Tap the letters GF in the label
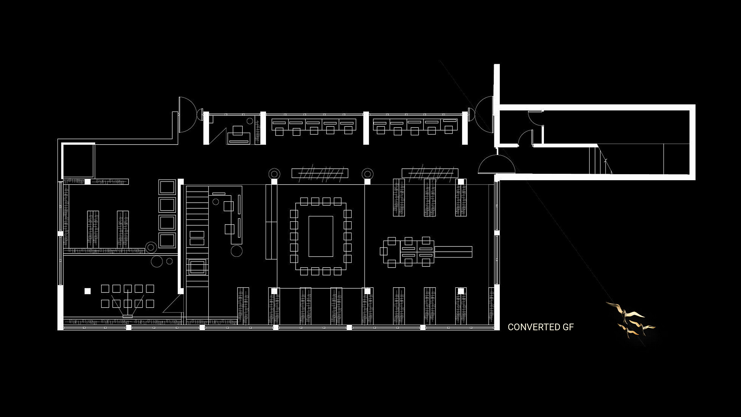click(568, 327)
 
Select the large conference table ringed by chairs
click(321, 236)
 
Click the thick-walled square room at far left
click(78, 160)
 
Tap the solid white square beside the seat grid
click(87, 291)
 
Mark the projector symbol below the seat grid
click(127, 316)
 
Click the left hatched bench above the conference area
click(320, 173)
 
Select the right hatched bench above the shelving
click(430, 173)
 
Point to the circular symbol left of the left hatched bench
click(274, 173)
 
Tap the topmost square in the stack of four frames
click(167, 187)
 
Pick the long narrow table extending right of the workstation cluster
click(453, 252)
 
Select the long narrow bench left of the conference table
click(271, 222)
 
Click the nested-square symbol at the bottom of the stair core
click(197, 267)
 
